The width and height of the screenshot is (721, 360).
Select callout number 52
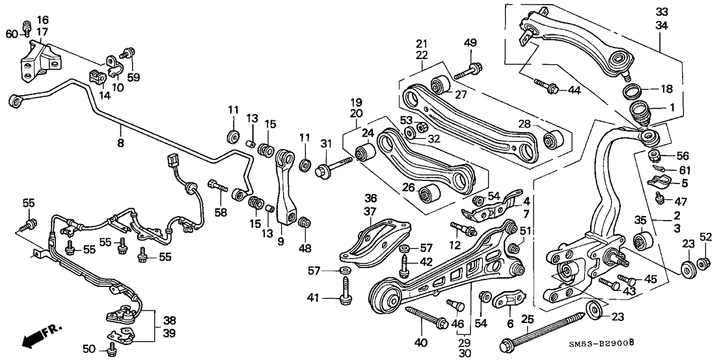[706, 236]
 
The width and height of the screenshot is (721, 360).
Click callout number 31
[326, 144]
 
